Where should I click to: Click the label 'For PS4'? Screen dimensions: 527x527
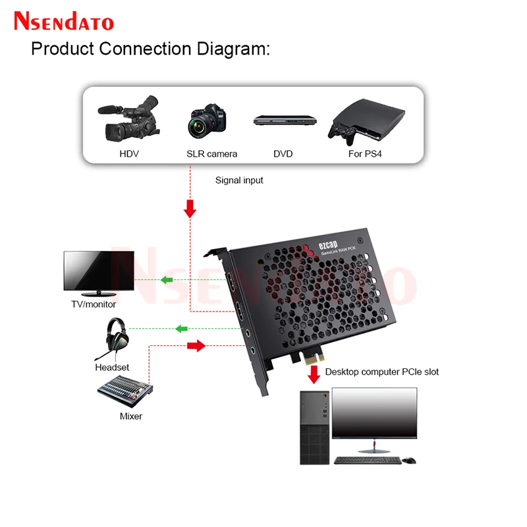pyautogui.click(x=365, y=154)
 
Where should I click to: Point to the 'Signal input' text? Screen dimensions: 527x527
pyautogui.click(x=239, y=180)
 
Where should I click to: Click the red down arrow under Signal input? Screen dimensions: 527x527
pyautogui.click(x=190, y=209)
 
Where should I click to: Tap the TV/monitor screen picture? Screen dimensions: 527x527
pyautogui.click(x=99, y=271)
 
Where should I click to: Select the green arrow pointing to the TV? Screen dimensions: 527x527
pyautogui.click(x=167, y=281)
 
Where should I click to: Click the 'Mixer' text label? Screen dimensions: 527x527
pyautogui.click(x=130, y=416)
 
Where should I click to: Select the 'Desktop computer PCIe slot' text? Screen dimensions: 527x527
pyautogui.click(x=382, y=372)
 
